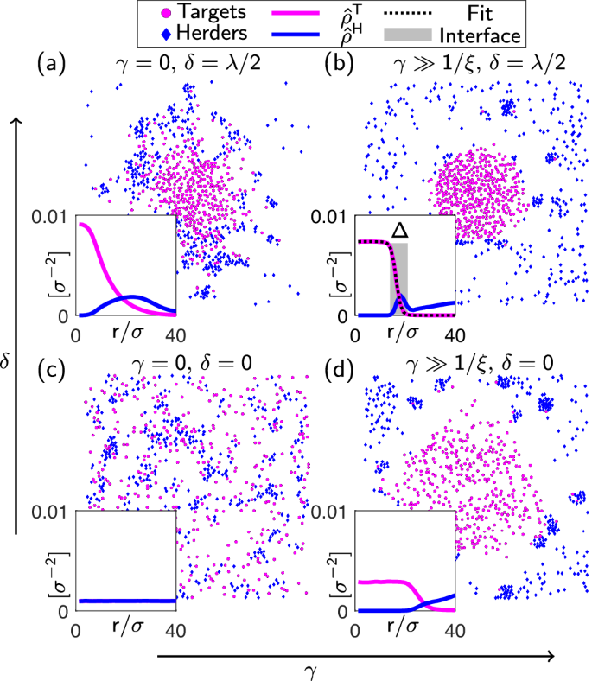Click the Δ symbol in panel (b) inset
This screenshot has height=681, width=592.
398,230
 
